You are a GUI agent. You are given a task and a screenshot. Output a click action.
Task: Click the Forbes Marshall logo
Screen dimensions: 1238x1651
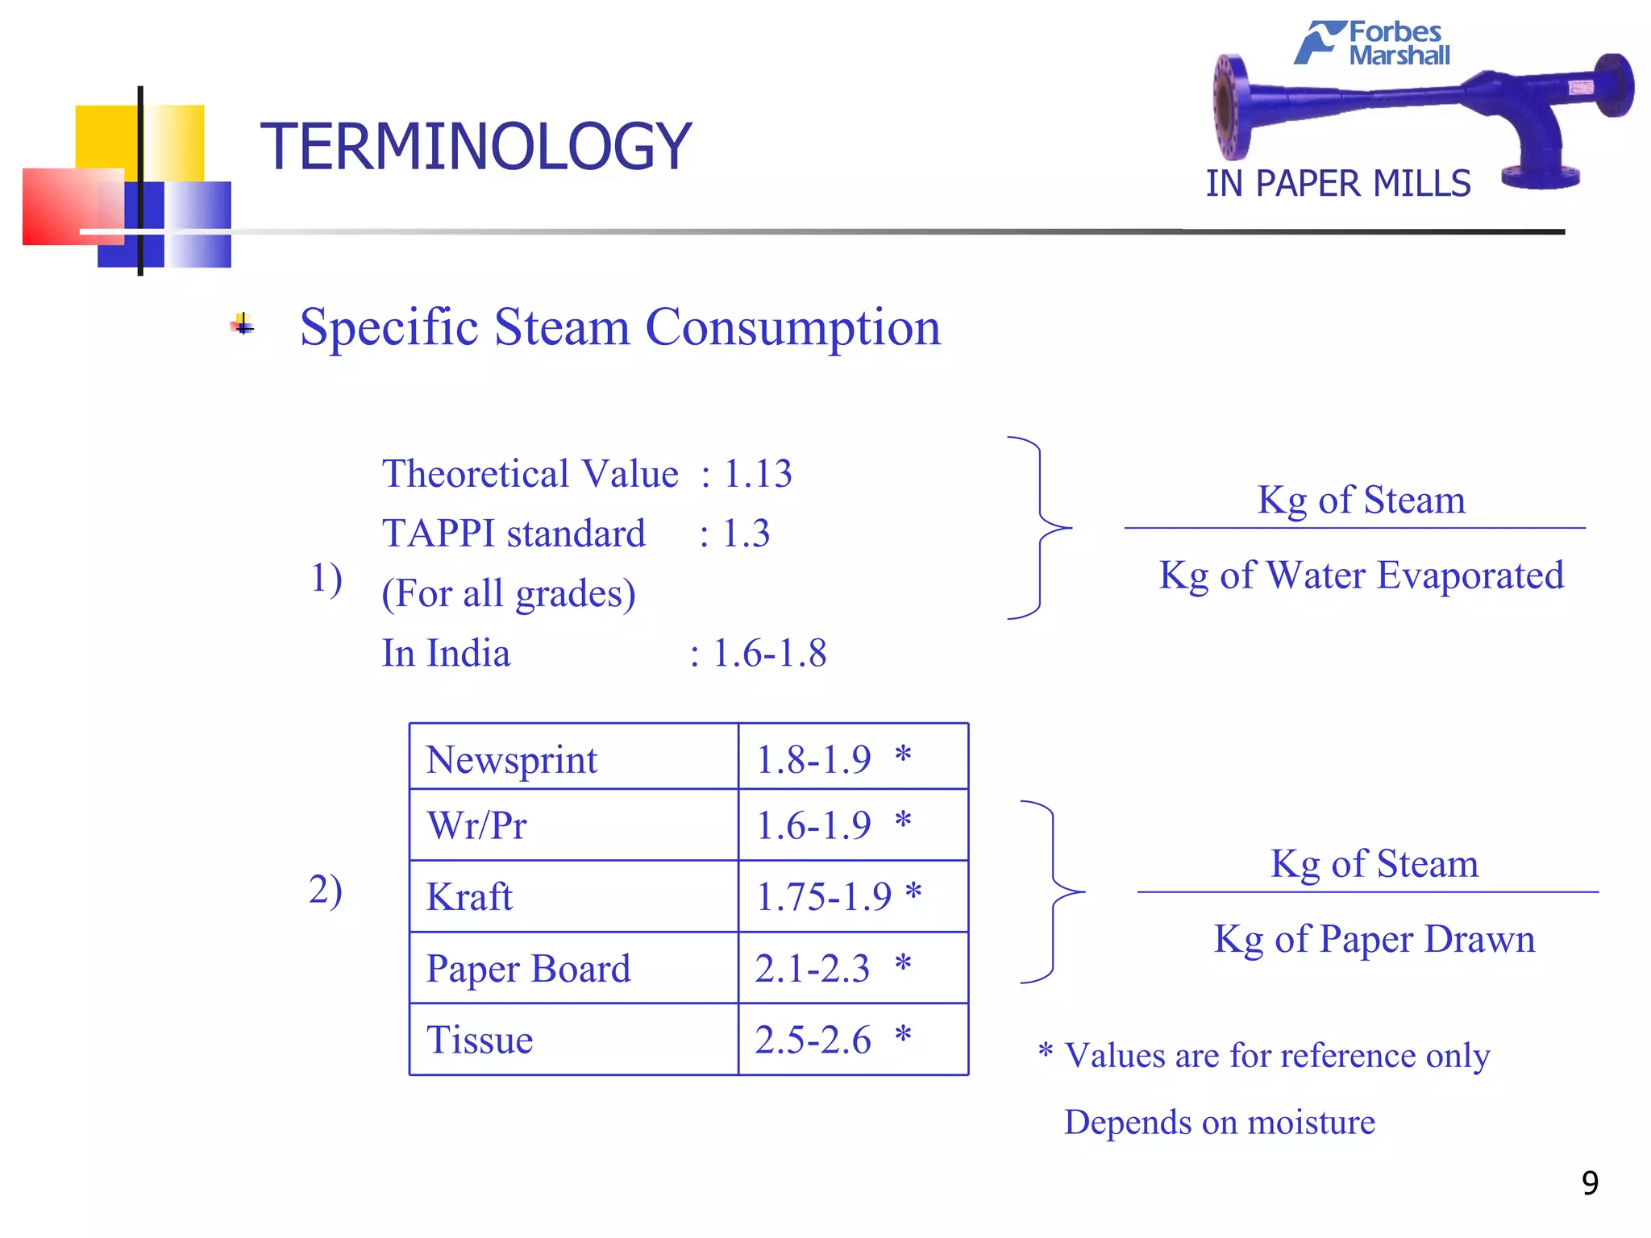coord(1373,43)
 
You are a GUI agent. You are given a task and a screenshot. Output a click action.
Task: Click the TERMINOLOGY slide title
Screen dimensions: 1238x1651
coord(476,147)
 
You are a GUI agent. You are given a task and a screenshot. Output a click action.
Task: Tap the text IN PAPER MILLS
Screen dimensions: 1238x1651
coord(1337,185)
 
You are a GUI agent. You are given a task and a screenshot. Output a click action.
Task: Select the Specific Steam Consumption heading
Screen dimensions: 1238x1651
coord(620,328)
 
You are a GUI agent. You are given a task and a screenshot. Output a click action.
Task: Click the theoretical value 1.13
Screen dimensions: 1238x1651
coord(757,474)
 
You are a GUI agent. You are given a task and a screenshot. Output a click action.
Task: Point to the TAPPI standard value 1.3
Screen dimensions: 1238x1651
coord(746,534)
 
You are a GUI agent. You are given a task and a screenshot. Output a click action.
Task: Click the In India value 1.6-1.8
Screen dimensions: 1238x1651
coord(769,654)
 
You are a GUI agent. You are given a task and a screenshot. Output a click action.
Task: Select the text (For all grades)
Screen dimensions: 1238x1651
coord(509,594)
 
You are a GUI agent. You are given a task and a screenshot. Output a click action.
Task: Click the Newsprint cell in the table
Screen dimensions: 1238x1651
coord(512,760)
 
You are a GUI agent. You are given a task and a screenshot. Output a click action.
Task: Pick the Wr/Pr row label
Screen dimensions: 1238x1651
coord(477,826)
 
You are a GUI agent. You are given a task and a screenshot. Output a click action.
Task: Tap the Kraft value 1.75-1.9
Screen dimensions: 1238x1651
coord(824,897)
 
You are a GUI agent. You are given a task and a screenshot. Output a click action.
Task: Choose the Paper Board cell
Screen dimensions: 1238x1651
coord(528,969)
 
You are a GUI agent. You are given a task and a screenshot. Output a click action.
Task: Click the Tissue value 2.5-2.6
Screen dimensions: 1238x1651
coord(813,1041)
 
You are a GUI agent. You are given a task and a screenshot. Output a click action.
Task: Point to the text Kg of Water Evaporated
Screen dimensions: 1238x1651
coord(1361,575)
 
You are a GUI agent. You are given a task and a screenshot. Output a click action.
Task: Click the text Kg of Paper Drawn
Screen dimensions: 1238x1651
coord(1374,940)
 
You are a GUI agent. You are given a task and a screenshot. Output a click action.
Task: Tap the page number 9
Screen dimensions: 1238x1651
coord(1590,1183)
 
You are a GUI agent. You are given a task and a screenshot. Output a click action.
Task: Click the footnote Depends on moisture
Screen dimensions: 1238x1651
coord(1219,1123)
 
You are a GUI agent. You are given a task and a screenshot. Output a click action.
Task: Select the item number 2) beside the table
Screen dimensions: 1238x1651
coord(326,891)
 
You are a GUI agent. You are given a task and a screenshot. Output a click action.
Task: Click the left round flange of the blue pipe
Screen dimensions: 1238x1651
coord(1231,107)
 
